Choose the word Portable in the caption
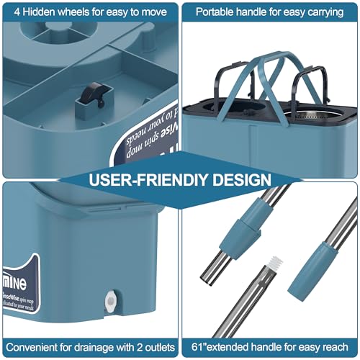coord(217,12)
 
